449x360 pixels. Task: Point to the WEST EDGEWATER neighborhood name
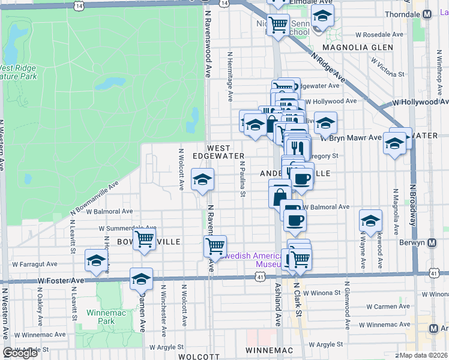pos(218,152)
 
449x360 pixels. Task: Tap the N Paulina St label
pos(243,178)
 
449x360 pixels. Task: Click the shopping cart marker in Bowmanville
pos(144,239)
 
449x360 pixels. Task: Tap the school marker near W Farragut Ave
pos(96,260)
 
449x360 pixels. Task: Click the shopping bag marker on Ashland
pos(280,195)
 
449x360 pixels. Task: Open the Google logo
pos(20,353)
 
